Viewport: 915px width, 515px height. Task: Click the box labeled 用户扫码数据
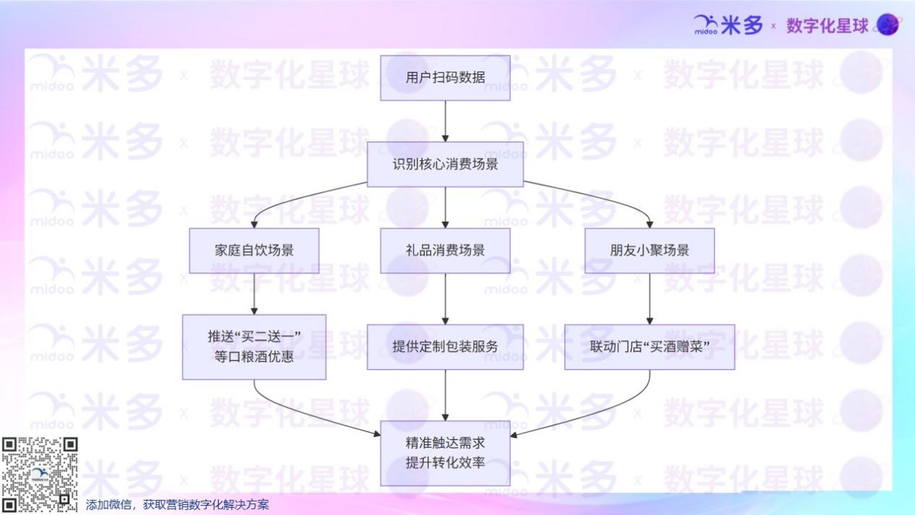445,78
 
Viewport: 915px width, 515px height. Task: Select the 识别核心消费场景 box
445,164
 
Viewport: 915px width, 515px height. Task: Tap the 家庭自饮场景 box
254,251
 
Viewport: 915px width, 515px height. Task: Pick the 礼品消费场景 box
445,251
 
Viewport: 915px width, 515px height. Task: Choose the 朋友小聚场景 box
649,251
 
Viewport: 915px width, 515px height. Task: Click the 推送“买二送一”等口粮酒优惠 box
254,347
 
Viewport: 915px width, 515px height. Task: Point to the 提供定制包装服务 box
445,347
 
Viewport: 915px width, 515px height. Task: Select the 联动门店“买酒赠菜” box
649,347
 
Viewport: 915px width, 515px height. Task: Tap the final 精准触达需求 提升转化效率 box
445,453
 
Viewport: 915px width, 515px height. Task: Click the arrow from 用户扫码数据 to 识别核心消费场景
445,121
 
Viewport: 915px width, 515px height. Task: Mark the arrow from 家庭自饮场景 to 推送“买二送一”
254,293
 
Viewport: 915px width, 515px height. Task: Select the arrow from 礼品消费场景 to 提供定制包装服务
445,298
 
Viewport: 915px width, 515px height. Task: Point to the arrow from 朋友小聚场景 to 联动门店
649,298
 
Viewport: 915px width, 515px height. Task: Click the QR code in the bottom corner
39,475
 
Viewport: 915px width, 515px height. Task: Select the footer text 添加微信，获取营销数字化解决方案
177,505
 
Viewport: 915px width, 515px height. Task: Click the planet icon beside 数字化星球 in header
888,25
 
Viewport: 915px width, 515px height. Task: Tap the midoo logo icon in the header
706,25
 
